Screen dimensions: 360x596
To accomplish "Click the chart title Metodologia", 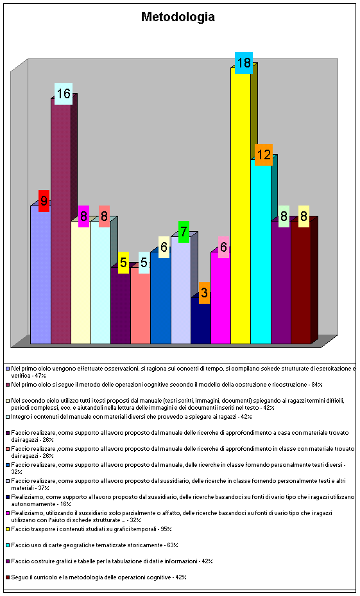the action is (178, 17).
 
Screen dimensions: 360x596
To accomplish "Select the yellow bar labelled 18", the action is (241, 206).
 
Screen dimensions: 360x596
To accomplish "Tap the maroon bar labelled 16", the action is (61, 221).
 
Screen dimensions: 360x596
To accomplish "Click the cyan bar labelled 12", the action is (261, 252).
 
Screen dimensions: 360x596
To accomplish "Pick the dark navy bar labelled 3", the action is (200, 320).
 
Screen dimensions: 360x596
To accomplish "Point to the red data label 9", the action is (44, 200).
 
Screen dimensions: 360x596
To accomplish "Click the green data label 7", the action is (184, 231).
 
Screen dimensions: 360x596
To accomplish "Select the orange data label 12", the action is (264, 155).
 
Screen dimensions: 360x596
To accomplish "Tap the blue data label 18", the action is (244, 63).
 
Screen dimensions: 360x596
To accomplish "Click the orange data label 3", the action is (204, 293).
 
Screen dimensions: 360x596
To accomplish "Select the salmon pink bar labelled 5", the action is (141, 306).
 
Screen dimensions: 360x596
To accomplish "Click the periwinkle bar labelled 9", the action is (40, 275).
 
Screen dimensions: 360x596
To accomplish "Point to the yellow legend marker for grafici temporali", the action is (8, 529).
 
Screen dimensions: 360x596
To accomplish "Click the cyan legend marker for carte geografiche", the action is (8, 545).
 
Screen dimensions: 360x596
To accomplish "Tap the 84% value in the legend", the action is (317, 385).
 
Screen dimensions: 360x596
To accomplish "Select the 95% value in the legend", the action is (166, 529).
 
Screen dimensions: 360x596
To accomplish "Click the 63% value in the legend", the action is (173, 545).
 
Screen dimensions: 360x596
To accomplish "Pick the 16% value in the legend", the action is (65, 504).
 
